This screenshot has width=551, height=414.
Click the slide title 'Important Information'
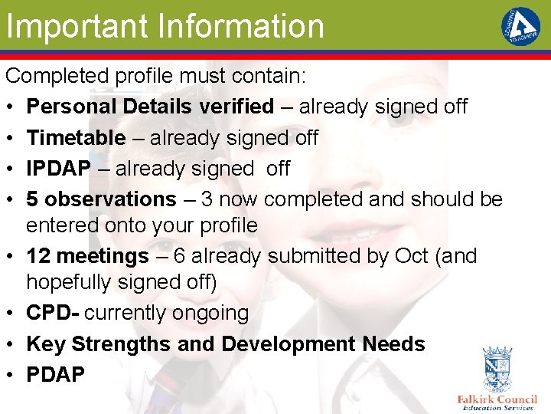point(165,26)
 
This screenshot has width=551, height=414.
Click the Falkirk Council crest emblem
point(497,370)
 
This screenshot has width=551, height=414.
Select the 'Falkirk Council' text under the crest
point(497,399)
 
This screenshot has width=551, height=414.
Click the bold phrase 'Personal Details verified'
point(150,107)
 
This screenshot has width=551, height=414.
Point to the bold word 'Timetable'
point(76,137)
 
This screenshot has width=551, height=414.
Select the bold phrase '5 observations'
point(101,199)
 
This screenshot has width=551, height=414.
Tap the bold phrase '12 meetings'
point(88,255)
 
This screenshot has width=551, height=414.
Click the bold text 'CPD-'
point(54,313)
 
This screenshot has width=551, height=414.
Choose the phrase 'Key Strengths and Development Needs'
point(225,344)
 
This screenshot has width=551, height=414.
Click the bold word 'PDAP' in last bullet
point(56,375)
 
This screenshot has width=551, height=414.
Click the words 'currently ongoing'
point(167,313)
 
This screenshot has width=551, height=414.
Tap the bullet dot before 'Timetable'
point(11,138)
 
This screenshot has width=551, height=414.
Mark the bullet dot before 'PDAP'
point(11,376)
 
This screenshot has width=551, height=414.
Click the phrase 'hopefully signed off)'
point(122,282)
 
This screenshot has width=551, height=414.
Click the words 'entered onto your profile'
point(142,225)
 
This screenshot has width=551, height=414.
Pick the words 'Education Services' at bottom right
point(497,408)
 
